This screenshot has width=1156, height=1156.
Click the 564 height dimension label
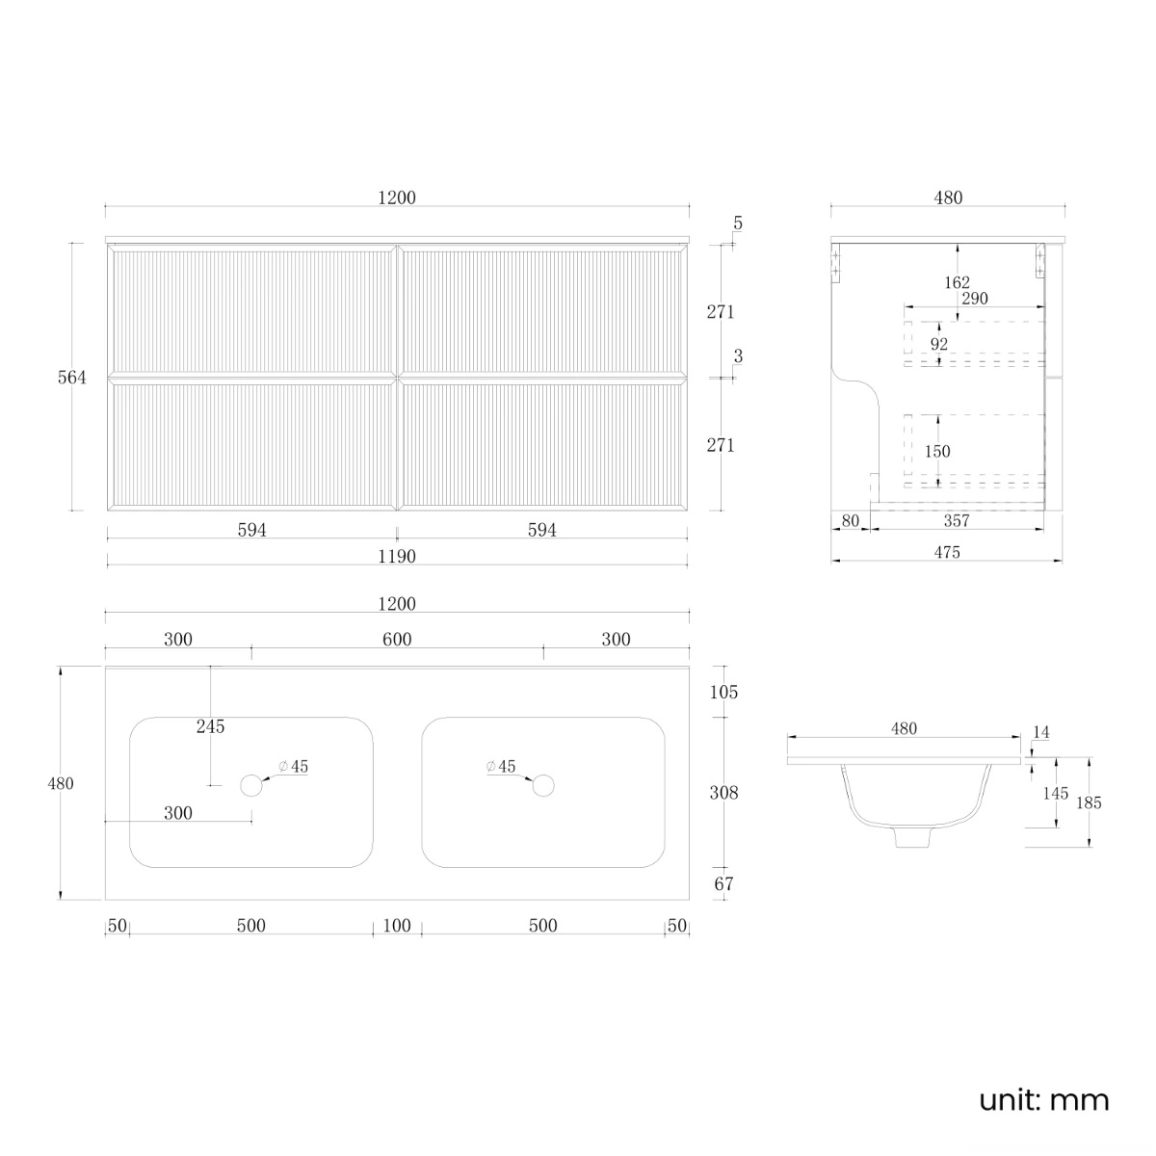(x=72, y=378)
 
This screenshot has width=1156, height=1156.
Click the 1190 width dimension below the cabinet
(x=397, y=556)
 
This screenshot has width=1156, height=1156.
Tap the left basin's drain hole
(x=251, y=785)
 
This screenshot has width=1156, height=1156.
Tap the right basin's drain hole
(x=543, y=785)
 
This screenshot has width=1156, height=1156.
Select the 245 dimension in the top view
(x=211, y=726)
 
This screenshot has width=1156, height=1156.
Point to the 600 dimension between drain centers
(x=397, y=639)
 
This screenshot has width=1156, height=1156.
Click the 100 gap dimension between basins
(x=397, y=925)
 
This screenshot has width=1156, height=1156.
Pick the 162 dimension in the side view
(x=957, y=282)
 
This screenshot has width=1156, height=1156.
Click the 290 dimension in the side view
(x=975, y=298)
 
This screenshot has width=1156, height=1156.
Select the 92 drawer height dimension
(x=939, y=344)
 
